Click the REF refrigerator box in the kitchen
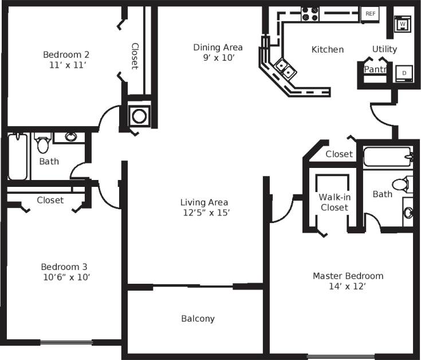point(370,13)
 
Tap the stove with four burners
point(310,14)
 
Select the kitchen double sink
point(285,68)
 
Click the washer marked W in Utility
point(403,24)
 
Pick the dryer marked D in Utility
point(404,73)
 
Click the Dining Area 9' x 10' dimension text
point(218,57)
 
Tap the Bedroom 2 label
point(66,54)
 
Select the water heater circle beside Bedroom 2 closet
point(139,116)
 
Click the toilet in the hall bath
point(43,143)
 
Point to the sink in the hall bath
point(70,137)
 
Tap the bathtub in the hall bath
point(18,157)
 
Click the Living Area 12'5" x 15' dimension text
point(204,212)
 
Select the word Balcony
point(198,318)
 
